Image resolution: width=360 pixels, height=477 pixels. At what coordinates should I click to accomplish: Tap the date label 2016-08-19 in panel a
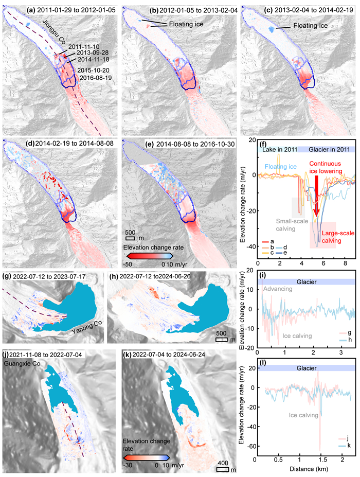96,78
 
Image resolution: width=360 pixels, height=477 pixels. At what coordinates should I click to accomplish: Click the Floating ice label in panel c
311,26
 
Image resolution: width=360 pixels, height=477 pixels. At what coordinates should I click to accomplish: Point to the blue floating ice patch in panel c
271,29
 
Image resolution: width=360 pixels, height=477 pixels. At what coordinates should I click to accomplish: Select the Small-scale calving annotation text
292,225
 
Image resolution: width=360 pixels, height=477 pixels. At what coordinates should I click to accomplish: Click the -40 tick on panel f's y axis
252,246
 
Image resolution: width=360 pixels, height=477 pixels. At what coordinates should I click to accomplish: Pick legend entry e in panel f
281,253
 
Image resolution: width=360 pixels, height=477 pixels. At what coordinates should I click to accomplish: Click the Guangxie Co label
22,363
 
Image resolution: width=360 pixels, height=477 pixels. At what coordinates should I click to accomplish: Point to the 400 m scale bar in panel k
223,469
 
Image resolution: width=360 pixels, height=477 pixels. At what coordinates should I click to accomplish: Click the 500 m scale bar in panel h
222,340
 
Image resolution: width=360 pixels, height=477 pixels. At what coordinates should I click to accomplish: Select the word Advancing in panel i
278,289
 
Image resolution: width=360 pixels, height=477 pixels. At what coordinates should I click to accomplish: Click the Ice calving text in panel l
303,415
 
